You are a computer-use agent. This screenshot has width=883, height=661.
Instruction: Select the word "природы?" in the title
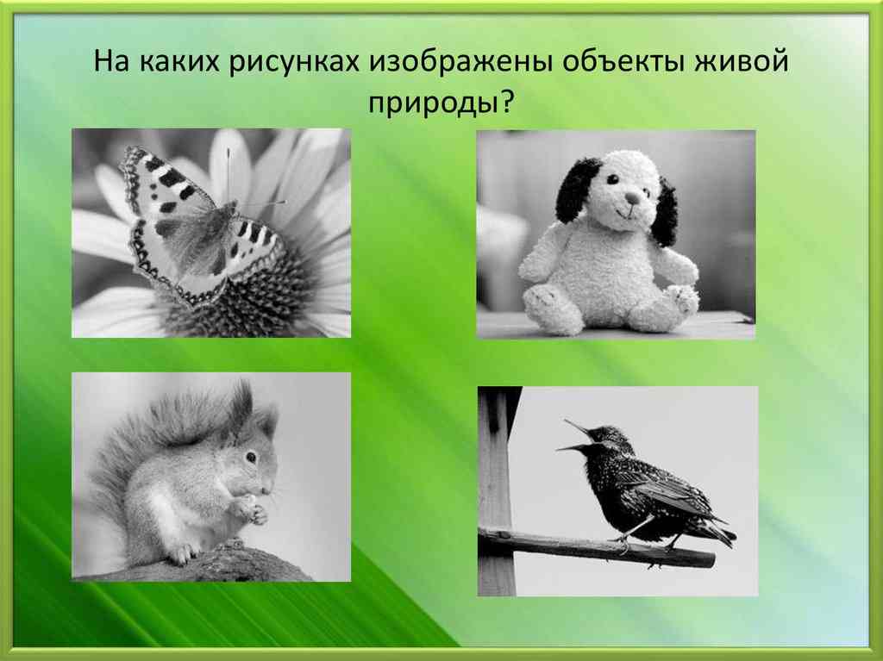[441, 103]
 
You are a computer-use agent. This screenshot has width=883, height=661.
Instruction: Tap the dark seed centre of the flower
[259, 297]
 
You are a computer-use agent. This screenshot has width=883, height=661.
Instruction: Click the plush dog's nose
[632, 197]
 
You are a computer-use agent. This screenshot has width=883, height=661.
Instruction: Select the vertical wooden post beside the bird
[495, 491]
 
